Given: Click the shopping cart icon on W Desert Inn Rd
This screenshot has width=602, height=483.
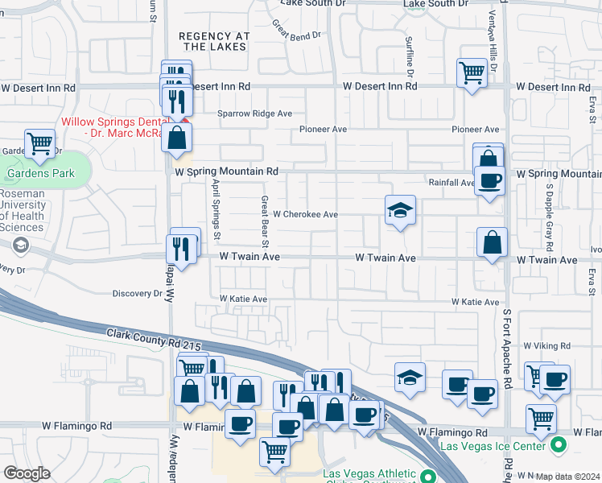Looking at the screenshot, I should [x=472, y=73].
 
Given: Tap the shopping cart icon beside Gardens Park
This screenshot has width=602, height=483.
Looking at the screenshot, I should [x=40, y=144].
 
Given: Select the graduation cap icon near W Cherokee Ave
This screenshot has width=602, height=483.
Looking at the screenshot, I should [x=400, y=211].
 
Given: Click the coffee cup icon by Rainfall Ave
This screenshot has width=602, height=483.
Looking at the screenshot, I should [x=489, y=180].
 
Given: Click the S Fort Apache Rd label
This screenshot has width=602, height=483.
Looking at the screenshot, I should [x=507, y=346].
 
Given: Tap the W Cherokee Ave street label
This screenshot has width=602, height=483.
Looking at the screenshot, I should [x=305, y=215].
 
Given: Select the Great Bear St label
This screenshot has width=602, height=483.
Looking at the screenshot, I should [x=264, y=222].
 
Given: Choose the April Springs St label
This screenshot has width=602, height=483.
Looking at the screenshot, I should [x=216, y=209].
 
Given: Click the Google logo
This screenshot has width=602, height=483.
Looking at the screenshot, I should [x=27, y=473].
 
